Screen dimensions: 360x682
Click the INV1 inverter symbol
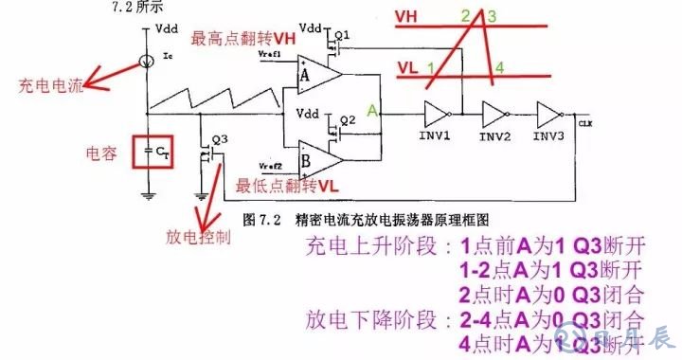pos(438,116)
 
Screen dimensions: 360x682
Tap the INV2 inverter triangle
pos(494,116)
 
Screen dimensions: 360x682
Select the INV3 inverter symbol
pos(549,116)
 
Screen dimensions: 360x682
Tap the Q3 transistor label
pos(220,138)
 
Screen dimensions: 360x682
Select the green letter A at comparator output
pos(373,111)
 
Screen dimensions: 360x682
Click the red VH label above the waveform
pos(407,18)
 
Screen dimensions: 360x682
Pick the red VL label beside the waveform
pos(407,68)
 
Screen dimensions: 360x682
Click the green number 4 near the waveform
pos(499,66)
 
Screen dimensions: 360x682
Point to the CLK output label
pos(584,122)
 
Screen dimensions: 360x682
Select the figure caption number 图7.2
pos(260,219)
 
